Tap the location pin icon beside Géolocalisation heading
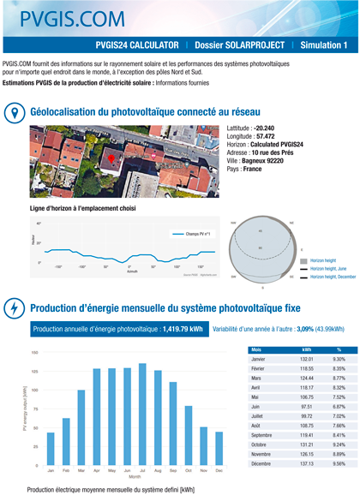15,114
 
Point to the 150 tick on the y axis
34,353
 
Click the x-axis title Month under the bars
135,477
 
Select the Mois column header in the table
257,350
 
